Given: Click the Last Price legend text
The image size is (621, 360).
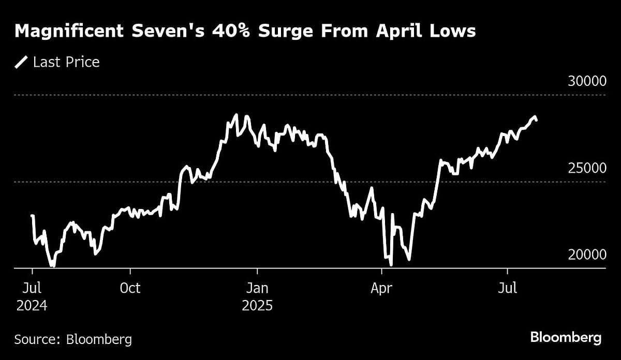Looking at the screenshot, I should (x=66, y=63).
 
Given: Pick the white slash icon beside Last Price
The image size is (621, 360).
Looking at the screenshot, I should (x=22, y=63).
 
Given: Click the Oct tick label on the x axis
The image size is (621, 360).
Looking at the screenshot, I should (x=130, y=288).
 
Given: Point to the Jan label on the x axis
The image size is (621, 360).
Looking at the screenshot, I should (x=257, y=288).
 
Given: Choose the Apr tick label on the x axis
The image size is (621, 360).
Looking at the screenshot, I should (x=382, y=288).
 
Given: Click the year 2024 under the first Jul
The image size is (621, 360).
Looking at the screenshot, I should (x=32, y=306).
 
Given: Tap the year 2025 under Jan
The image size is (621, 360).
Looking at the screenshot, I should (x=257, y=306).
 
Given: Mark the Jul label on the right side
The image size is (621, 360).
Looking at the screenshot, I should (x=507, y=288).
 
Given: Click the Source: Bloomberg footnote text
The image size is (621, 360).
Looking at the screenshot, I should (x=73, y=339).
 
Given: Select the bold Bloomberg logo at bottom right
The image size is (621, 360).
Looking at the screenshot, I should (x=566, y=338).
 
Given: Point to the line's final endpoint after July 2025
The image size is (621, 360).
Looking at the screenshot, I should (x=536, y=120).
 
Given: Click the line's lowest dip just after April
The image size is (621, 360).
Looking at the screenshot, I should (x=391, y=264).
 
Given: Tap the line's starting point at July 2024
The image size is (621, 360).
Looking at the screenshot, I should (x=32, y=216).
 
